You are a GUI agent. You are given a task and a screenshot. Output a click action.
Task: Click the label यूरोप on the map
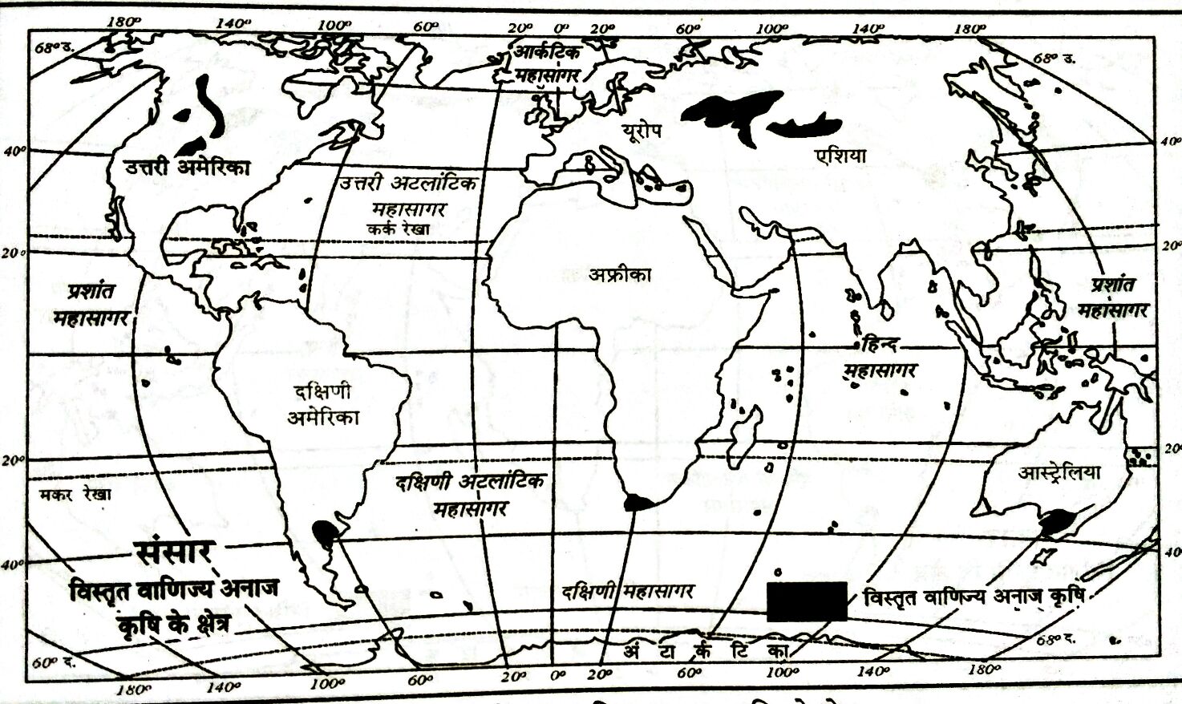[645, 131]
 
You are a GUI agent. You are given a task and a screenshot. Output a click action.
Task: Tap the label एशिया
[839, 156]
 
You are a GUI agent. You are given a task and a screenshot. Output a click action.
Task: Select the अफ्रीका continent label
[620, 275]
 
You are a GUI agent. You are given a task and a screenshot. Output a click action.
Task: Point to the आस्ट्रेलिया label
[1059, 472]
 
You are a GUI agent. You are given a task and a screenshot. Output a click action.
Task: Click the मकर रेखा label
[75, 495]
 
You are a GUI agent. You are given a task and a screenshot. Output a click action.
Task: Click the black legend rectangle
[807, 601]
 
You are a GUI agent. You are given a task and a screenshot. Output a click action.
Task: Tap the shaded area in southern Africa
[639, 503]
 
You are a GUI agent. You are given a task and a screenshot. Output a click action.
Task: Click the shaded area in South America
[324, 532]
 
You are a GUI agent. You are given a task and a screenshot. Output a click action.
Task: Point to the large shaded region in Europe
[734, 115]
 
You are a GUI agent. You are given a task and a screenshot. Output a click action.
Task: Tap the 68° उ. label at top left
[55, 46]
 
